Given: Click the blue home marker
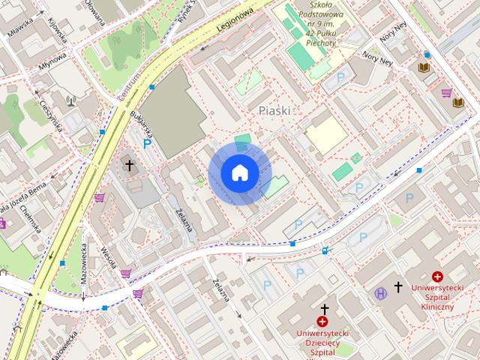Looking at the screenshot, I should tap(240, 172).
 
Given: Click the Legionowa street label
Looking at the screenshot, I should tap(235, 20).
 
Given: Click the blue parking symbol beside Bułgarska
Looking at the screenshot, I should tap(148, 143).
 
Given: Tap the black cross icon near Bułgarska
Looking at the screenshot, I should tap(129, 165).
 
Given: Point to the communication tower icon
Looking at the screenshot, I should tap(72, 98).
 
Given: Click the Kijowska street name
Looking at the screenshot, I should tap(56, 30).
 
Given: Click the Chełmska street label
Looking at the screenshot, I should tap(29, 217).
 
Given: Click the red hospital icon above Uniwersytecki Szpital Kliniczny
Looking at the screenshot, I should tap(437, 277).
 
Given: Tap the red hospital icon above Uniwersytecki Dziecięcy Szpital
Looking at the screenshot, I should tap(322, 321).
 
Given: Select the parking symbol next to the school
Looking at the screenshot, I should tap(341, 77).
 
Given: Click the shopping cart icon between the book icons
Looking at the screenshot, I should tap(447, 93).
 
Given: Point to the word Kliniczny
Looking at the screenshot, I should tap(437, 307).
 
